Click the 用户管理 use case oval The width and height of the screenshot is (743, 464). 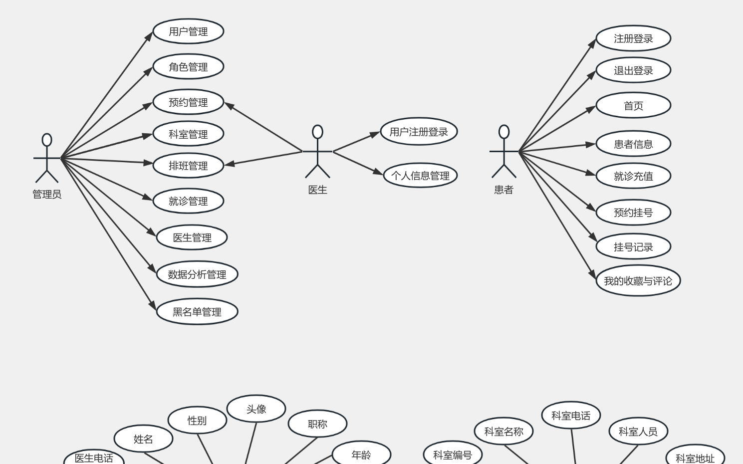click(188, 31)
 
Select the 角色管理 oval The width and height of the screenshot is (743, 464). click(188, 67)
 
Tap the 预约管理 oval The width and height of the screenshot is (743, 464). click(188, 102)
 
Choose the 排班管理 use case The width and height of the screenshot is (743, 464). click(188, 166)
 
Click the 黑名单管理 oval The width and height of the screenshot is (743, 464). click(197, 312)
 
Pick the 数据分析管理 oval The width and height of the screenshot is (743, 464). click(197, 274)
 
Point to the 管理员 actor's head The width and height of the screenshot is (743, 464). click(47, 140)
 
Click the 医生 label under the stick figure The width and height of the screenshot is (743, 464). click(317, 190)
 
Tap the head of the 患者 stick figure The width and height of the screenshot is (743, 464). click(504, 132)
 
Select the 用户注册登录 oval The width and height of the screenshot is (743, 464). click(419, 132)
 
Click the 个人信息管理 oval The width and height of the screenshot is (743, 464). click(420, 176)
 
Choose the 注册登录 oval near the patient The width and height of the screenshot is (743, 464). click(633, 38)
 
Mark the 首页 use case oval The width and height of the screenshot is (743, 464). click(633, 106)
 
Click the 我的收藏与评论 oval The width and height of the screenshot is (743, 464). click(638, 281)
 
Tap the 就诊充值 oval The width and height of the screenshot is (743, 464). click(633, 176)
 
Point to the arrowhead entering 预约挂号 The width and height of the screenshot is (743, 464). click(591, 207)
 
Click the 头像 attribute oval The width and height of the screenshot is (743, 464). click(256, 409)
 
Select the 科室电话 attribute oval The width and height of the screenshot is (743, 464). click(571, 416)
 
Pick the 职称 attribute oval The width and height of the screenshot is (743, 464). click(317, 424)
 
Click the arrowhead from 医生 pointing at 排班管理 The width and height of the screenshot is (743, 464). click(230, 164)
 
